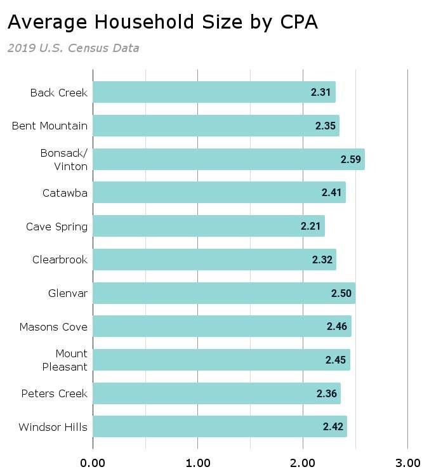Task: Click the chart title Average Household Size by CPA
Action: click(x=162, y=22)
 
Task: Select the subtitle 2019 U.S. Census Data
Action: click(x=73, y=48)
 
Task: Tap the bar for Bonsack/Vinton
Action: click(x=228, y=159)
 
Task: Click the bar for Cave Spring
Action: click(x=209, y=226)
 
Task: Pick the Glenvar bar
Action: click(x=224, y=293)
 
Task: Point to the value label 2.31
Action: click(x=320, y=92)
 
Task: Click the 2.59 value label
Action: click(x=351, y=159)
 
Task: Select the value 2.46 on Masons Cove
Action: click(x=337, y=327)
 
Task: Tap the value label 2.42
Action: click(x=333, y=427)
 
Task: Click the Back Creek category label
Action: click(x=58, y=93)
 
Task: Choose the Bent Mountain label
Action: click(x=49, y=126)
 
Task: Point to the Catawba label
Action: click(x=65, y=193)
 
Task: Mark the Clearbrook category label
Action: click(x=60, y=260)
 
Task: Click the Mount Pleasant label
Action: click(x=65, y=360)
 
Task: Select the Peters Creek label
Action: click(x=54, y=393)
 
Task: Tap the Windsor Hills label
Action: click(x=53, y=427)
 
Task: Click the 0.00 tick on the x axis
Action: click(x=93, y=461)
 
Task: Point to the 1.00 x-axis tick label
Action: click(x=198, y=461)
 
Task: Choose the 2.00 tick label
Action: click(x=303, y=461)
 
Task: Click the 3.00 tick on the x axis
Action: click(x=407, y=461)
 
